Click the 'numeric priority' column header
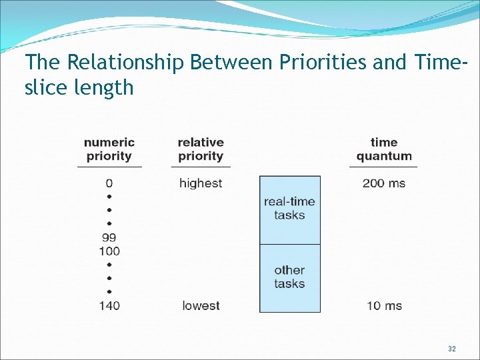109,149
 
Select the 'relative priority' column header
201,149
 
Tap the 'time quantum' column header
383,149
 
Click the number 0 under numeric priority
109,183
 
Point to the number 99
109,237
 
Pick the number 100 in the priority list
109,251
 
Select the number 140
109,305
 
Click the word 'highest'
201,183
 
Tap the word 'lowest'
201,305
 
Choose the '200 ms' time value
383,183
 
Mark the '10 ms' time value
384,305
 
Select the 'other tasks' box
289,277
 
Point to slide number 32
451,349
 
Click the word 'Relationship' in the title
126,63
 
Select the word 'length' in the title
103,87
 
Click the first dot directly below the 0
109,197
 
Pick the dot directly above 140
109,291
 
